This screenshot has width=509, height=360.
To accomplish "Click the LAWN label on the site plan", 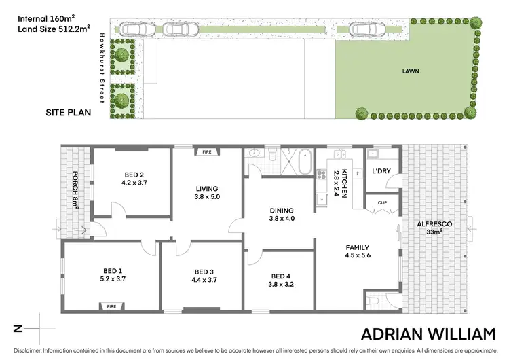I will (410, 70).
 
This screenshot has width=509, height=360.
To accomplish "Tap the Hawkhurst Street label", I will (102, 69).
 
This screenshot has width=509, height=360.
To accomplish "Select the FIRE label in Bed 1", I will (111, 306).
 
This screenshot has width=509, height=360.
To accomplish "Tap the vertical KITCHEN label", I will (344, 183).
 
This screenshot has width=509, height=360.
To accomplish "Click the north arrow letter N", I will (18, 329).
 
